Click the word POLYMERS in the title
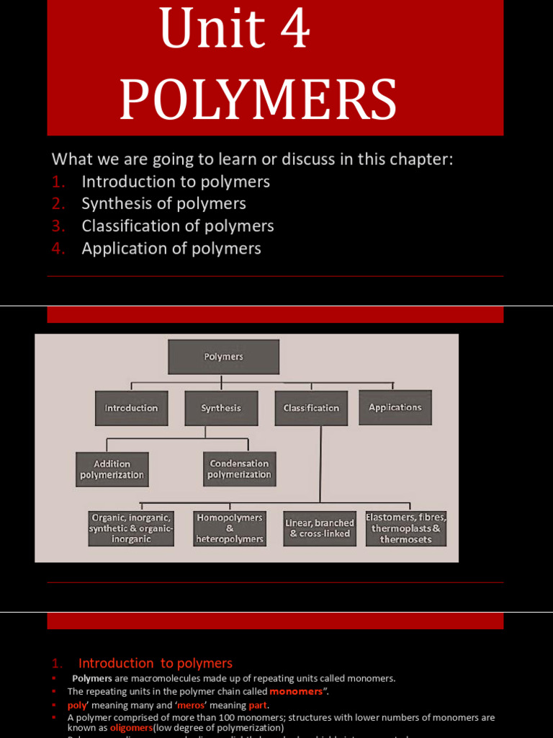tap(258, 100)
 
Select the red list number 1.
tap(58, 182)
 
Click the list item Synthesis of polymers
tap(163, 204)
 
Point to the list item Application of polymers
tap(171, 249)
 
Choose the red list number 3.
tap(58, 226)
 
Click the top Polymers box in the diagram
tap(223, 357)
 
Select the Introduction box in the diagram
tap(131, 408)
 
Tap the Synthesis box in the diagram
tap(221, 408)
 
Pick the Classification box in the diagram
tap(311, 408)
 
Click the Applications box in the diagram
tap(395, 407)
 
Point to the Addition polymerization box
tap(112, 469)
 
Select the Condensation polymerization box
tap(239, 469)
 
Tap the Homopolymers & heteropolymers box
tap(230, 528)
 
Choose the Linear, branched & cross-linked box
tap(320, 528)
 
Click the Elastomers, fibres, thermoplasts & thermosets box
tap(407, 528)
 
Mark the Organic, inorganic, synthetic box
tap(131, 528)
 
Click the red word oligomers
tap(131, 728)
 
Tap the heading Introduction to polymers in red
tap(156, 663)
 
